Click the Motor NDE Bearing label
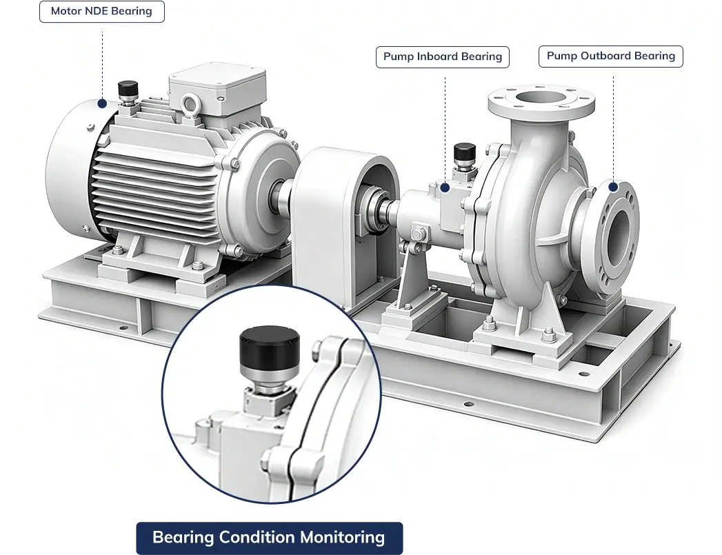click(102, 12)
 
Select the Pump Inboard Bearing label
click(443, 57)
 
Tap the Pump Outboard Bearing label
click(610, 57)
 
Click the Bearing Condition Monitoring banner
click(270, 538)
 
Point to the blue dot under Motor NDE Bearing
click(102, 103)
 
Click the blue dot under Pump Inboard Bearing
click(445, 188)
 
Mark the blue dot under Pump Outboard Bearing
click(613, 187)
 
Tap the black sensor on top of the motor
click(128, 88)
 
